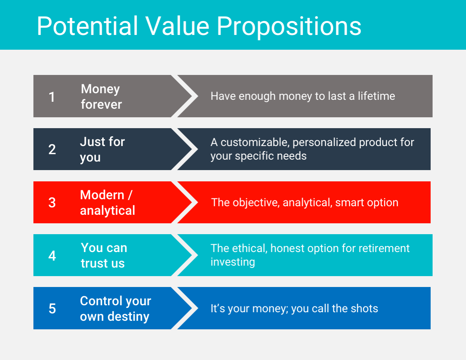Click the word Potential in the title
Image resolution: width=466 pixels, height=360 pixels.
click(x=87, y=26)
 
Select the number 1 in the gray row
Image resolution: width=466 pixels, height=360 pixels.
click(x=52, y=97)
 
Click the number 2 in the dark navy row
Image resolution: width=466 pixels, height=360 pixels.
click(x=52, y=149)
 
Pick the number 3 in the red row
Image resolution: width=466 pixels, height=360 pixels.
click(x=52, y=202)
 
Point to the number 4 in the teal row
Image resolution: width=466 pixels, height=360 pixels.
click(x=52, y=256)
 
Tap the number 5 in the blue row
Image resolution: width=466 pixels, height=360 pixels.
click(x=52, y=308)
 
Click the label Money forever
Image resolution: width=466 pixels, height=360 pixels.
click(x=101, y=96)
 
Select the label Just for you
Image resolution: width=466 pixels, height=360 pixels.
click(x=102, y=150)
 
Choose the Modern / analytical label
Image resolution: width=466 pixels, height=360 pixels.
click(x=108, y=203)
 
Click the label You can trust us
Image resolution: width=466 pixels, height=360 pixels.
click(x=104, y=256)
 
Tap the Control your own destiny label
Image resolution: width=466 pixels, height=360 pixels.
click(x=115, y=309)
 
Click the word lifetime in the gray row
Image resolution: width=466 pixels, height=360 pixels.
click(x=376, y=96)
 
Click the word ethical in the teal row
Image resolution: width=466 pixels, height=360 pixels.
click(x=250, y=248)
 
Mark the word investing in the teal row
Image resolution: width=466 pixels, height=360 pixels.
click(x=233, y=262)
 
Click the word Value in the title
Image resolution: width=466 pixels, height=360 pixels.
click(x=177, y=26)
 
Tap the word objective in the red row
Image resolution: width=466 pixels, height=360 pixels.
click(x=256, y=203)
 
